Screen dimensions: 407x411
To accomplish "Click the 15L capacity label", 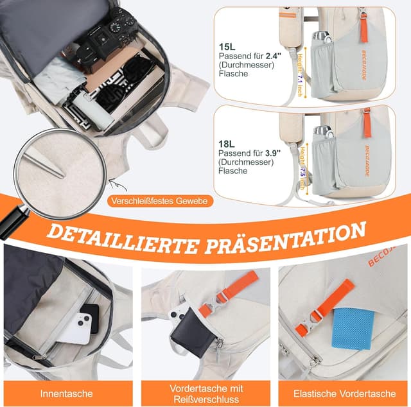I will coord(227,46).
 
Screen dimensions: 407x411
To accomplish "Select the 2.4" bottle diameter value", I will coord(274,56).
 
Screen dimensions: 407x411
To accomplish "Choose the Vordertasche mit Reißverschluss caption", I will coord(205,393).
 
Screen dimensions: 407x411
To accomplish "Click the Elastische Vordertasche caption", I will coord(344,393).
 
